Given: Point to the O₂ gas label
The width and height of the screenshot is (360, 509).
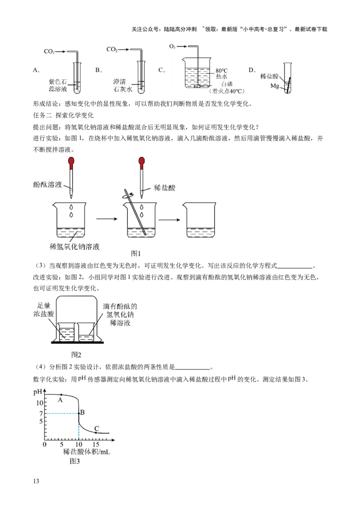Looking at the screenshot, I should point(172,46).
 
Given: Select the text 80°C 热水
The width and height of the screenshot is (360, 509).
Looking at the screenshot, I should point(222,74).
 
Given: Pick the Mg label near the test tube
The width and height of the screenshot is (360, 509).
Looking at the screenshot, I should point(275,85).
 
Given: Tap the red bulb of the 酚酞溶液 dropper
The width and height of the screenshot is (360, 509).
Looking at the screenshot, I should point(71,161).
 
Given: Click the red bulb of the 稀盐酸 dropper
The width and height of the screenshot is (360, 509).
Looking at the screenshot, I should point(142,161).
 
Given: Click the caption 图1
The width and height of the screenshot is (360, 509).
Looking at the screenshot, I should point(136,254).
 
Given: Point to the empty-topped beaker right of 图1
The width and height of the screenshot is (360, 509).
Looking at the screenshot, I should point(200,222).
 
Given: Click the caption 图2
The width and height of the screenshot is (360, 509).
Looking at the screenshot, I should point(76,354).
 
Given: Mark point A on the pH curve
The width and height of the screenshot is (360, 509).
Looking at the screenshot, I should point(61,395).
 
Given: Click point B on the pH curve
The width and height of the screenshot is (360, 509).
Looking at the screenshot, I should point(79,413).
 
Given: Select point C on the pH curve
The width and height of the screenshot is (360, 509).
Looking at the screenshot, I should point(96,433).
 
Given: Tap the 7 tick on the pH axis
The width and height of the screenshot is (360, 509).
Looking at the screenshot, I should point(40,414).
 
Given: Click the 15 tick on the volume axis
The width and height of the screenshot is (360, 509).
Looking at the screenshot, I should point(96,444).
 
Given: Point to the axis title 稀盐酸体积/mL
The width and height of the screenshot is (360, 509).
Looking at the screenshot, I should point(86,452).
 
